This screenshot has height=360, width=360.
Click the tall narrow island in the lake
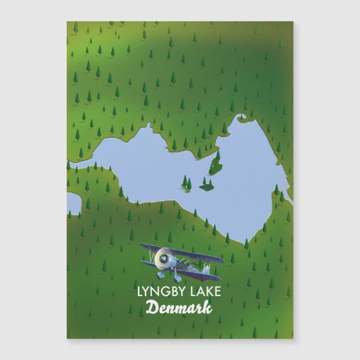click(216, 163)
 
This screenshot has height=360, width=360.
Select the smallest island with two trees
click(186, 182)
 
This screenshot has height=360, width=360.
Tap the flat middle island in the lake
click(206, 185)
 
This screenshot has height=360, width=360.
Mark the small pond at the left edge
click(73, 202)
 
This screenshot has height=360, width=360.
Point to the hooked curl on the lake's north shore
click(240, 121)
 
